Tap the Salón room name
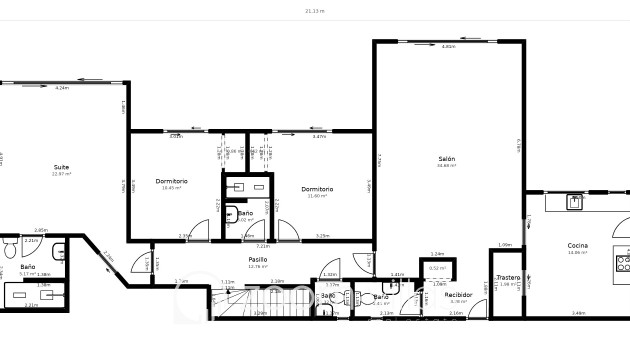(446, 159)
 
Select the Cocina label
(578, 245)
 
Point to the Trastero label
(508, 277)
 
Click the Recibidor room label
(459, 295)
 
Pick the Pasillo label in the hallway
(259, 259)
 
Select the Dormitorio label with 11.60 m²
(317, 189)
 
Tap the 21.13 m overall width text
(315, 11)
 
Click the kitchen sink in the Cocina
(575, 202)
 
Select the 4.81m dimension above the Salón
(448, 47)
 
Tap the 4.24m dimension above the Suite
(62, 89)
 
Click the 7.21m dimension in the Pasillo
(263, 246)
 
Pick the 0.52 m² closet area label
(437, 268)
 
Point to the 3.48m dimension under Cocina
(578, 313)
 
